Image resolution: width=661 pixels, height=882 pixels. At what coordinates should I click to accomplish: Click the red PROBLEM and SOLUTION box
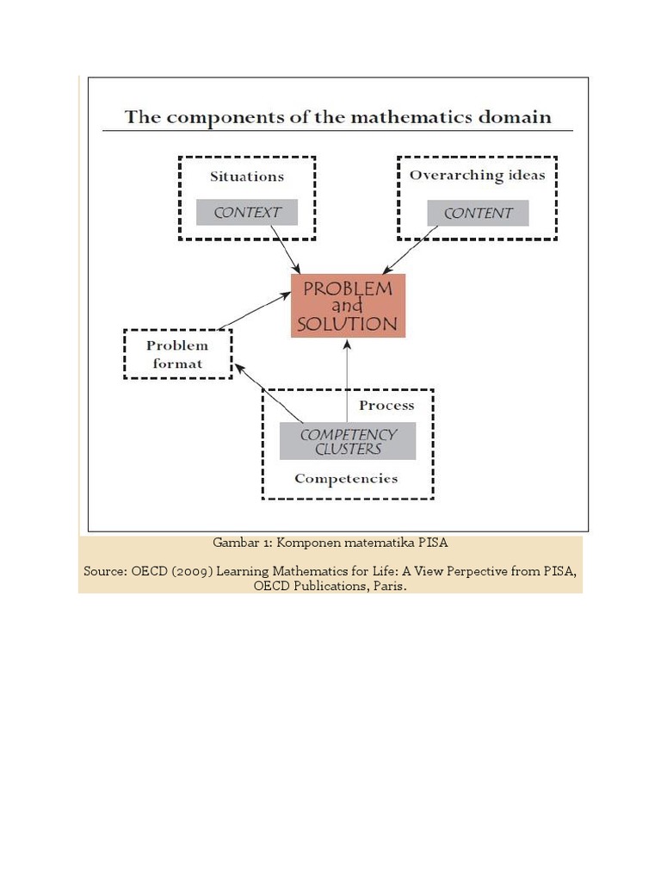click(x=348, y=306)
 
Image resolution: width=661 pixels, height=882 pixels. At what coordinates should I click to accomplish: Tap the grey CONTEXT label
click(x=247, y=213)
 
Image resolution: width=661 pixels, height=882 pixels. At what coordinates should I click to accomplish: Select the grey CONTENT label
click(x=478, y=214)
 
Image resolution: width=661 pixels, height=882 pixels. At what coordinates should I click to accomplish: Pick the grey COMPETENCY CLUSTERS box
click(x=348, y=442)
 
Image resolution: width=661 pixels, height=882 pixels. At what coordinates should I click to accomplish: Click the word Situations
click(x=247, y=177)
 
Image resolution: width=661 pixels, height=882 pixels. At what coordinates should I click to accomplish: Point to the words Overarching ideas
click(x=477, y=176)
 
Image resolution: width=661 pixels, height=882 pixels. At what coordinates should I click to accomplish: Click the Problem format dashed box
click(x=178, y=354)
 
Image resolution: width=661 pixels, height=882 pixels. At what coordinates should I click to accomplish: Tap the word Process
click(x=386, y=406)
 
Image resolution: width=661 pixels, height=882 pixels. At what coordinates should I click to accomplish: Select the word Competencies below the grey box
click(x=346, y=479)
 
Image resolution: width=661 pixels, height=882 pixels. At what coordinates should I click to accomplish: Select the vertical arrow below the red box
click(x=347, y=379)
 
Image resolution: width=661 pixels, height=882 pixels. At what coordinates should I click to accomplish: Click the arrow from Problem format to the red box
click(x=255, y=311)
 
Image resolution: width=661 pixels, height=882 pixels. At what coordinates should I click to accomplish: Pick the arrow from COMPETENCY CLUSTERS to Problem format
click(x=269, y=393)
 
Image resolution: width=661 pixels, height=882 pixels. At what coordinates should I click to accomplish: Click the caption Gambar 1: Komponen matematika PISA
click(x=330, y=544)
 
